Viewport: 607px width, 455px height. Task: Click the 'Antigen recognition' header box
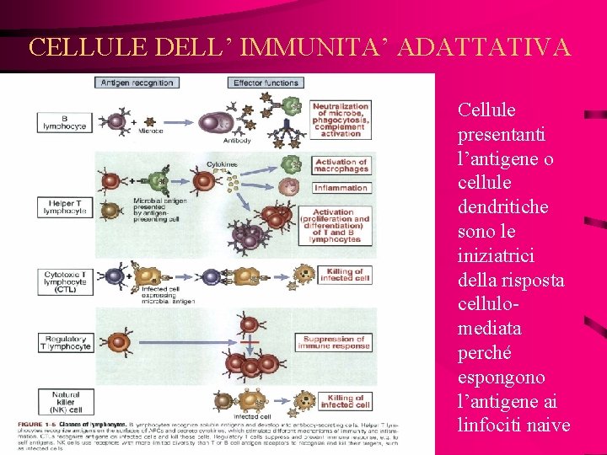coord(137,83)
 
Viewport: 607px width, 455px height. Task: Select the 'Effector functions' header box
coord(266,83)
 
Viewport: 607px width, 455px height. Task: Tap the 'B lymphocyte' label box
coord(63,122)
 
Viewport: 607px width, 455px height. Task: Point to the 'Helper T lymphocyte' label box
coord(65,206)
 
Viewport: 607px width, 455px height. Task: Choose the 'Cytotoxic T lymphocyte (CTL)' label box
coord(65,279)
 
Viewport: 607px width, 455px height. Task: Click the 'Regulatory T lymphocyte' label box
coord(65,343)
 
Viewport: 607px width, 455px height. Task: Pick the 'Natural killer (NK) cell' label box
coord(65,399)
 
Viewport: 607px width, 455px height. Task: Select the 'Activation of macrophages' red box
coord(341,165)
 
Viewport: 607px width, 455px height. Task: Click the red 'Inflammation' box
coord(341,188)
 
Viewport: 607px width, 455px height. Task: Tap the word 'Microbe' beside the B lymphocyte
coord(151,131)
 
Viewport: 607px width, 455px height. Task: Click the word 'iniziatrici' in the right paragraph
coord(499,254)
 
